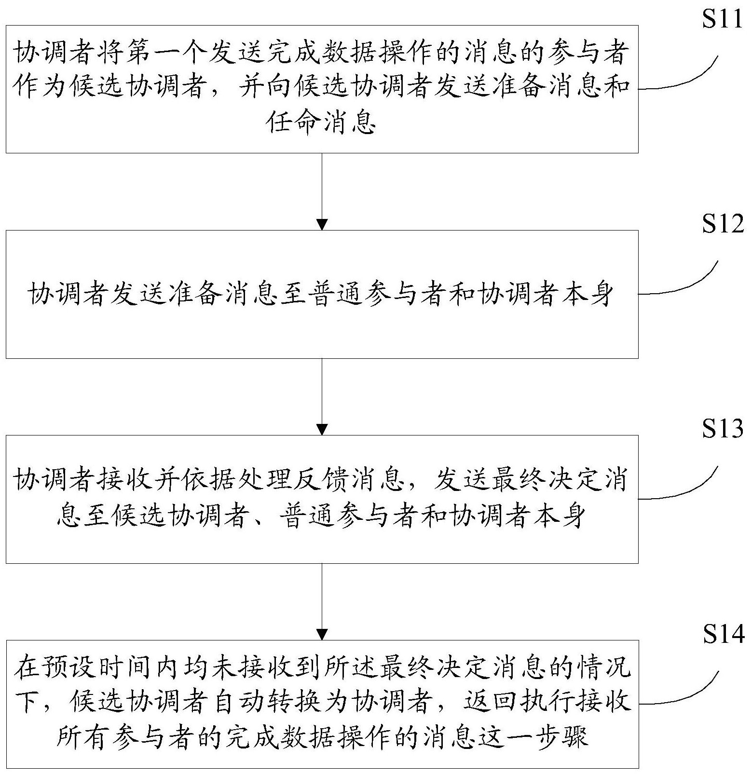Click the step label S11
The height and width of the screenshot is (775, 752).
(x=722, y=20)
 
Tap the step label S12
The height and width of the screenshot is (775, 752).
(x=722, y=225)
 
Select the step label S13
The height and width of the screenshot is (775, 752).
(x=722, y=429)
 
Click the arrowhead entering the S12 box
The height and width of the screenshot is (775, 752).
(x=322, y=224)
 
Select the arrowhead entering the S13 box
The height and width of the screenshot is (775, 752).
(x=322, y=429)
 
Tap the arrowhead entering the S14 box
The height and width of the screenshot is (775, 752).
(x=322, y=634)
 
